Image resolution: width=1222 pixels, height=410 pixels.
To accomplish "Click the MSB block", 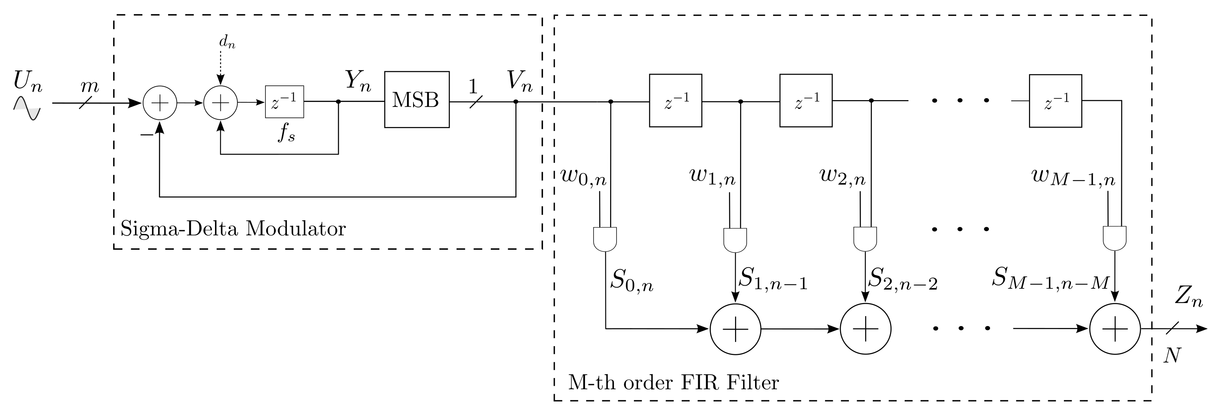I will pyautogui.click(x=417, y=100).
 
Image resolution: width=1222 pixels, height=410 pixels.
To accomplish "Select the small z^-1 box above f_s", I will pyautogui.click(x=284, y=102).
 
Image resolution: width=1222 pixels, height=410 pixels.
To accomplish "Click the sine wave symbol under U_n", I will pyautogui.click(x=27, y=108).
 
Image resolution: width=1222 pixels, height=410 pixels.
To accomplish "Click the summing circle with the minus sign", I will pyautogui.click(x=160, y=102).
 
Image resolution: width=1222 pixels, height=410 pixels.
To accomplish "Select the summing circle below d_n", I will pyautogui.click(x=220, y=102).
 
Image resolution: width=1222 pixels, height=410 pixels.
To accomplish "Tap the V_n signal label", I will pyautogui.click(x=519, y=82).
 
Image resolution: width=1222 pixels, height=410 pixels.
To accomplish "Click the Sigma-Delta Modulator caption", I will pyautogui.click(x=233, y=229).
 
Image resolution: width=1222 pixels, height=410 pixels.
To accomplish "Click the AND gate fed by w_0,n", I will pyautogui.click(x=605, y=239).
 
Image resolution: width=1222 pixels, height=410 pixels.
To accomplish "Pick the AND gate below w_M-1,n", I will pyautogui.click(x=1114, y=239).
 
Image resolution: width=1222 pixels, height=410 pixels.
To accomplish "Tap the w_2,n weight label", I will pyautogui.click(x=842, y=177).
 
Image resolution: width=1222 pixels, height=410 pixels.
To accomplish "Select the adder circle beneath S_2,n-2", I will pyautogui.click(x=865, y=329).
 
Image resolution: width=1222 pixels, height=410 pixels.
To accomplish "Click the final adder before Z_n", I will pyautogui.click(x=1115, y=329).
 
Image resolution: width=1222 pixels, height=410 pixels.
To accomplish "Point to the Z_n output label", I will pyautogui.click(x=1189, y=298).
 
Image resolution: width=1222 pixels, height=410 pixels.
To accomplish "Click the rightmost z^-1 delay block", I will pyautogui.click(x=1055, y=100).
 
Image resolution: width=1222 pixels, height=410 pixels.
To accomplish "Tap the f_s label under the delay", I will pyautogui.click(x=286, y=135).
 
